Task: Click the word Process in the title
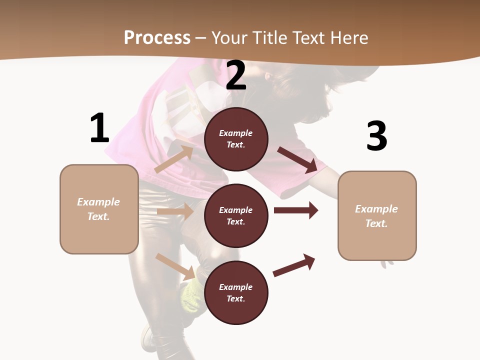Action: pos(157,37)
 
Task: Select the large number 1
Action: pos(99,128)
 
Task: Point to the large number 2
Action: pos(236,76)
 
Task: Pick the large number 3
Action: pos(376,136)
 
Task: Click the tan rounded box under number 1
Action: pos(99,209)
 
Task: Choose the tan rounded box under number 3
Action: pos(377,216)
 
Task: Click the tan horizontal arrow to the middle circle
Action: pos(174,211)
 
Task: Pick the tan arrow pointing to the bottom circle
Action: pos(175,266)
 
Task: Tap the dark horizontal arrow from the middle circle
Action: pos(296,210)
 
